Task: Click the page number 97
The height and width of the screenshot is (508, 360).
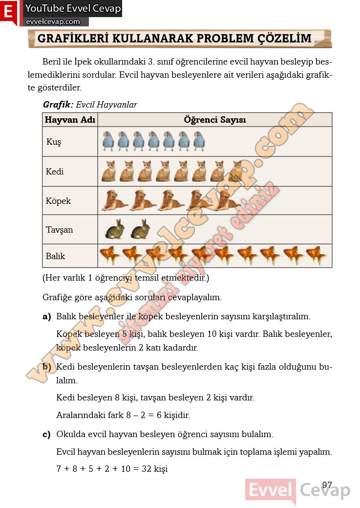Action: (x=327, y=485)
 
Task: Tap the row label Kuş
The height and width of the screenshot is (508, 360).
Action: (x=54, y=142)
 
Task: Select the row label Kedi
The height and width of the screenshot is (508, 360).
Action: (x=55, y=172)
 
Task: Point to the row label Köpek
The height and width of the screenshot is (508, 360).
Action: (x=58, y=201)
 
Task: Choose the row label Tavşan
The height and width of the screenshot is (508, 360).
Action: (x=59, y=230)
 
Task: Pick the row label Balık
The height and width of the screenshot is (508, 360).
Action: (x=55, y=256)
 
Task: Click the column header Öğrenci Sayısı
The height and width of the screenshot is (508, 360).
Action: (x=215, y=120)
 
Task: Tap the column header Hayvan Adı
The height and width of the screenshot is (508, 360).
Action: (x=70, y=120)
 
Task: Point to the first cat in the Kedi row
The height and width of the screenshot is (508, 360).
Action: (x=109, y=171)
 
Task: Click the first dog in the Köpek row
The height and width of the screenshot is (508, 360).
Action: (x=114, y=200)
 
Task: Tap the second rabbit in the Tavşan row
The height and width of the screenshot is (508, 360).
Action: (x=141, y=229)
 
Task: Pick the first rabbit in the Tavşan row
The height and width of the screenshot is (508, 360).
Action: (x=115, y=229)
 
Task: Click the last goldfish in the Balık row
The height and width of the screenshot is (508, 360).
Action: (x=317, y=255)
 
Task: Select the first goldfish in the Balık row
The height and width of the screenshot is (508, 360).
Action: (x=109, y=255)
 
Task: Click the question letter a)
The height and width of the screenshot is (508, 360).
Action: (x=47, y=316)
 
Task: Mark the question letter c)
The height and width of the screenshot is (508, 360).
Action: (x=47, y=434)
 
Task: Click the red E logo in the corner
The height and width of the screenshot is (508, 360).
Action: (x=8, y=12)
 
